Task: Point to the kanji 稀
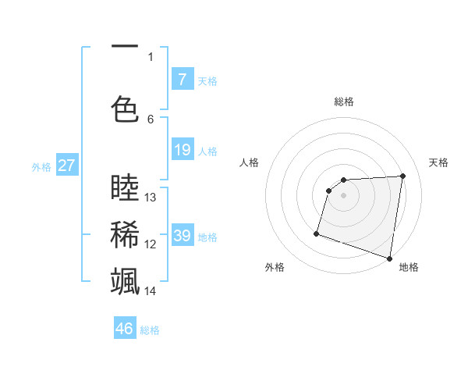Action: point(125,233)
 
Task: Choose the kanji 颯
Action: point(125,280)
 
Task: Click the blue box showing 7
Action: point(182,80)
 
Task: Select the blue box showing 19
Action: point(182,150)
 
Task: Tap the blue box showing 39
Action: point(182,236)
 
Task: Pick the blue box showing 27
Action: point(66,166)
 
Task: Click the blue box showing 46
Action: point(125,329)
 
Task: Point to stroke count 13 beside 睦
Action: point(151,198)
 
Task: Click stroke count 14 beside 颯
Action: point(151,291)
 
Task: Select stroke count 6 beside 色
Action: point(151,119)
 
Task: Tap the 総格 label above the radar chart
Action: point(343,102)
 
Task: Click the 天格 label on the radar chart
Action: point(439,162)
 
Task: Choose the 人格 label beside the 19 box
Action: point(207,151)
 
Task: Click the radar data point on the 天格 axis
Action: point(402,176)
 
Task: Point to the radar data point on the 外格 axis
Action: point(317,233)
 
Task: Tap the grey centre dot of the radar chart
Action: point(343,195)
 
